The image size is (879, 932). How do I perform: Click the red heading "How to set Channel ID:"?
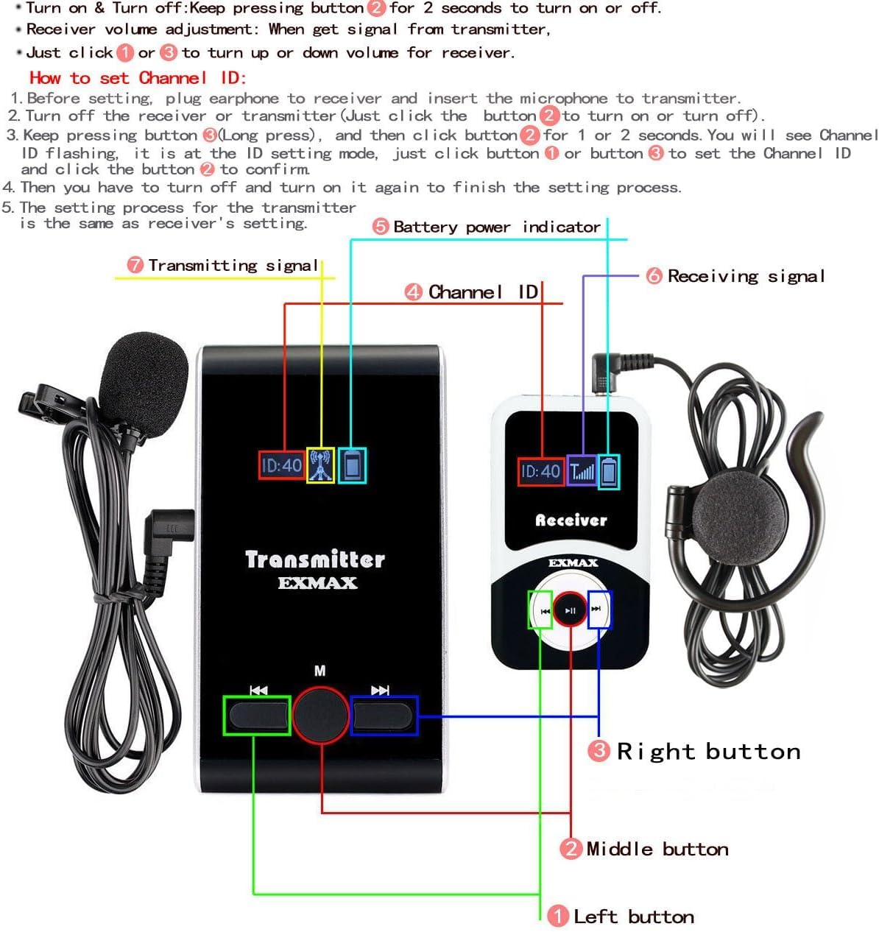(138, 78)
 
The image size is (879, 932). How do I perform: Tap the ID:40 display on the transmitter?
(281, 465)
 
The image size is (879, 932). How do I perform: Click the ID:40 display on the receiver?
(540, 472)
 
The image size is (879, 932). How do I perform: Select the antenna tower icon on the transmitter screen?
(320, 465)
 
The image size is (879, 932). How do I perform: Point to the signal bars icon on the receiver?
(582, 471)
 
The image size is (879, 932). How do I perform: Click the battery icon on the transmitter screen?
(352, 465)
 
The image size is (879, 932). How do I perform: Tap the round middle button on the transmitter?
(321, 713)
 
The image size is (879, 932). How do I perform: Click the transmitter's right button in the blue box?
(383, 715)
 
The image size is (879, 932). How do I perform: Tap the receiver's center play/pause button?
(571, 610)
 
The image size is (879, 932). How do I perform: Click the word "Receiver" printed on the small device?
(571, 520)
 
